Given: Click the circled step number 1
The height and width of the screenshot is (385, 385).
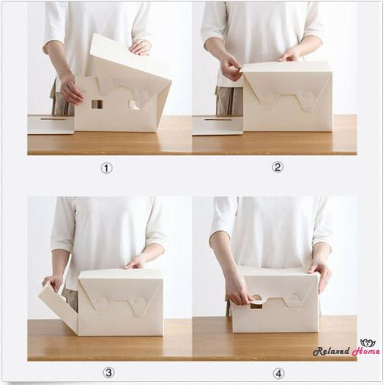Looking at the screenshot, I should coord(106,168).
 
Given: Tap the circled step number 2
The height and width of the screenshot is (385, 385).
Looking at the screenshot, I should coord(277,167).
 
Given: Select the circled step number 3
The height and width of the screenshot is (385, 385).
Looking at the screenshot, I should coord(109,372).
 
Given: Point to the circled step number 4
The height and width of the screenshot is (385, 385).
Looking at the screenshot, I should coord(279,373).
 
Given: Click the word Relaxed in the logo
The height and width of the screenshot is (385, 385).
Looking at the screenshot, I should coord(330,352).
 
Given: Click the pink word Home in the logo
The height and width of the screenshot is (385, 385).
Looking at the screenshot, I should coord(365,352).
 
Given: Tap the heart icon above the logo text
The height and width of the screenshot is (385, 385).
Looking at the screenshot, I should coord(368,342).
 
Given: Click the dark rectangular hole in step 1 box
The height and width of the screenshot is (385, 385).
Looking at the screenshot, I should coord(97,104).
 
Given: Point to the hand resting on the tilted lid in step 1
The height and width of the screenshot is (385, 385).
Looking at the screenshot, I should coord(140,47).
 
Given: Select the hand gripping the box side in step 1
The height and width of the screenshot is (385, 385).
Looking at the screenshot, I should coord(71,91).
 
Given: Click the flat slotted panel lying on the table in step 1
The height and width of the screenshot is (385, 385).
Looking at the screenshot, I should coord(50,124).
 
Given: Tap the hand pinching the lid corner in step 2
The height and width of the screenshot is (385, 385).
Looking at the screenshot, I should coord(231,71).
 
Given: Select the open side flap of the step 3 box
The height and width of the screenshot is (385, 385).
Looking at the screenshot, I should coord(58,305).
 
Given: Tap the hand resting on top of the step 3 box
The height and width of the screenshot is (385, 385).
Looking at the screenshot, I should coord(137,262).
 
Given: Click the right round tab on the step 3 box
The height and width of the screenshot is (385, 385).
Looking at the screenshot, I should coord(138,305).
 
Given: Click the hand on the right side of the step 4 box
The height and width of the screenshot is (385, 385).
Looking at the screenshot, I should coord(320,273).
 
